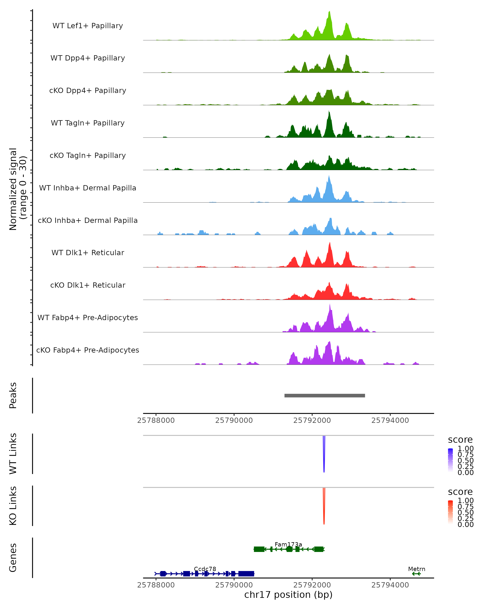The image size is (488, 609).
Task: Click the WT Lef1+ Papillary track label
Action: pyautogui.click(x=88, y=26)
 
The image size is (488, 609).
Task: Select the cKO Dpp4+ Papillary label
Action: pyautogui.click(x=88, y=90)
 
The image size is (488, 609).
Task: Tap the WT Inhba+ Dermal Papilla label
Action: pyautogui.click(x=88, y=188)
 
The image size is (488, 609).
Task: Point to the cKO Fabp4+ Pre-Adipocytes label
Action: pyautogui.click(x=88, y=350)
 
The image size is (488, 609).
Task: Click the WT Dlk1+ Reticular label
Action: pyautogui.click(x=88, y=253)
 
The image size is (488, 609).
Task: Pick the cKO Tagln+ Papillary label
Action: pyautogui.click(x=88, y=155)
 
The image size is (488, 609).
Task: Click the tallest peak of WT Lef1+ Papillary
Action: pyautogui.click(x=329, y=13)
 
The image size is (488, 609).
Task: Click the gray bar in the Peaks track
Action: pyautogui.click(x=325, y=395)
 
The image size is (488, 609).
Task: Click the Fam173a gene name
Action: pyautogui.click(x=288, y=544)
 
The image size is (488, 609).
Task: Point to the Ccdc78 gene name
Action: pyautogui.click(x=205, y=569)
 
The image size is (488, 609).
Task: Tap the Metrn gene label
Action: pyautogui.click(x=416, y=569)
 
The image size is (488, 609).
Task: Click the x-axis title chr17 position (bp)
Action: pyautogui.click(x=288, y=595)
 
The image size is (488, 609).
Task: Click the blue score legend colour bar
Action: pyautogui.click(x=450, y=460)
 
